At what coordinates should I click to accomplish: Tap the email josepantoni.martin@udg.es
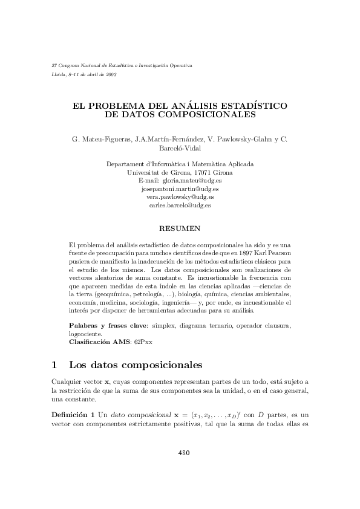(180, 189)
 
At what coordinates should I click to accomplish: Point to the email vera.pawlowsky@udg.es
(180, 197)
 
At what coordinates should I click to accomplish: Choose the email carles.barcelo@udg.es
(180, 206)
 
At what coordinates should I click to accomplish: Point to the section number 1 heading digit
(54, 365)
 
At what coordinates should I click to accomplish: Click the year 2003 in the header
(111, 74)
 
